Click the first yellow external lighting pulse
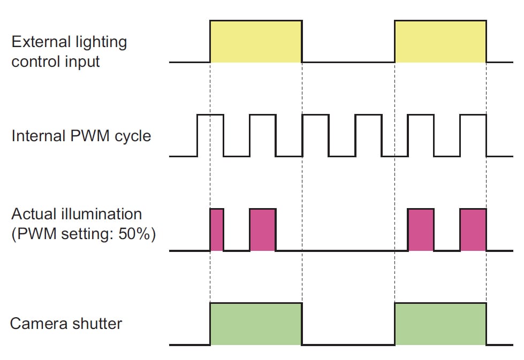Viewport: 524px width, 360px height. click(256, 42)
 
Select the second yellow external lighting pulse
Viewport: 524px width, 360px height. click(441, 42)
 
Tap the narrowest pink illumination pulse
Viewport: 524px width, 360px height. click(217, 230)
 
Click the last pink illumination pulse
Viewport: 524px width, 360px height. click(473, 230)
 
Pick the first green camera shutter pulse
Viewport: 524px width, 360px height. click(256, 324)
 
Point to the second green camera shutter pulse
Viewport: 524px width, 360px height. click(441, 324)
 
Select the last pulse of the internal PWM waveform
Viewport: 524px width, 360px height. click(473, 135)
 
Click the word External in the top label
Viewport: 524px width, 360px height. click(40, 42)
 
